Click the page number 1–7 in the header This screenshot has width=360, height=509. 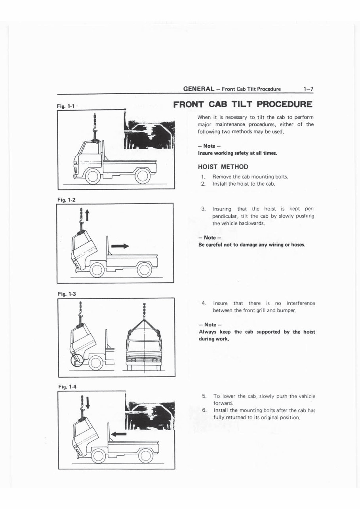point(308,89)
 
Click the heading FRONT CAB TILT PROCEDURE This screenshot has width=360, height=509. point(243,104)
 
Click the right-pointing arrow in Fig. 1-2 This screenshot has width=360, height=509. point(120,246)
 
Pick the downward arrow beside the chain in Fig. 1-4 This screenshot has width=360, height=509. point(88,403)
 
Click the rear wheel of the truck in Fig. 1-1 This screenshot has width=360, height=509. point(142,176)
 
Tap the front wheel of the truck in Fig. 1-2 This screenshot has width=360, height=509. point(97,270)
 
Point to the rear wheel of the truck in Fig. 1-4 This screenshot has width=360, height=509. point(145,456)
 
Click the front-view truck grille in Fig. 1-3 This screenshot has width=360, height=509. point(144,359)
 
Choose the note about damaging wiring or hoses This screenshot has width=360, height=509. point(251,245)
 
